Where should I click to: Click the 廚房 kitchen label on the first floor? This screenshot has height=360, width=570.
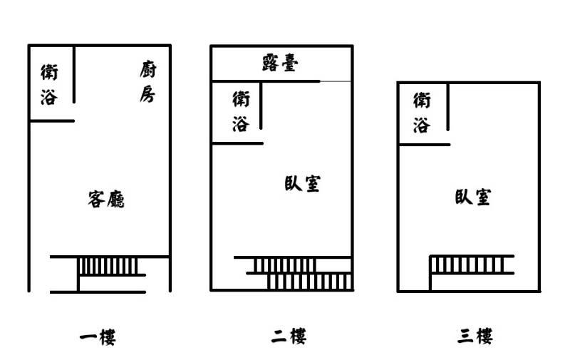coord(148,82)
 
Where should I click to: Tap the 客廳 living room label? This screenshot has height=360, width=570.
coord(106,199)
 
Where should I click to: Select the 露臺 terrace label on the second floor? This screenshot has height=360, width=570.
coord(280,63)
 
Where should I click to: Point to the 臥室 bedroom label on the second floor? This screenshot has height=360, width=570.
coord(302,184)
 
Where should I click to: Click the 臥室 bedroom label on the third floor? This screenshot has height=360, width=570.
coord(473,197)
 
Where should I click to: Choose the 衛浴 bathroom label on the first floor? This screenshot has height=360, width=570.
coord(49,84)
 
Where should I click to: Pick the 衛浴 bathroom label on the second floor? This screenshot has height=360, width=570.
coord(241,111)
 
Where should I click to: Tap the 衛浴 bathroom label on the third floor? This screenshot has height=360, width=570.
coord(422,113)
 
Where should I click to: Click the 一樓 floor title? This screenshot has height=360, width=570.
coord(98,337)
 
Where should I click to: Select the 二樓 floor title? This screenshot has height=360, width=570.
coord(289,336)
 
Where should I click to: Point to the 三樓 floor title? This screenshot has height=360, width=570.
coord(475,336)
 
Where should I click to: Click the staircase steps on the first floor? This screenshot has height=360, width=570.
coord(108,266)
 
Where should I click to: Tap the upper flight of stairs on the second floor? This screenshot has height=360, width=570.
coord(284,265)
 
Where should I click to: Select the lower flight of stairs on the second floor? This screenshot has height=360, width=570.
coord(310,282)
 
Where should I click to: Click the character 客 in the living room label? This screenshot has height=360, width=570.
coord(96,199)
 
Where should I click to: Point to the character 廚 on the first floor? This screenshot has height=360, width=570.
coord(148,69)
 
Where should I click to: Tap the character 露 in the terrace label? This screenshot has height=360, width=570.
coord(271,63)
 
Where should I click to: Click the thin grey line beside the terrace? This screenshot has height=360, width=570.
coord(336,81)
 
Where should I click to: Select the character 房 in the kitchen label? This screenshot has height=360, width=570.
coord(147,94)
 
